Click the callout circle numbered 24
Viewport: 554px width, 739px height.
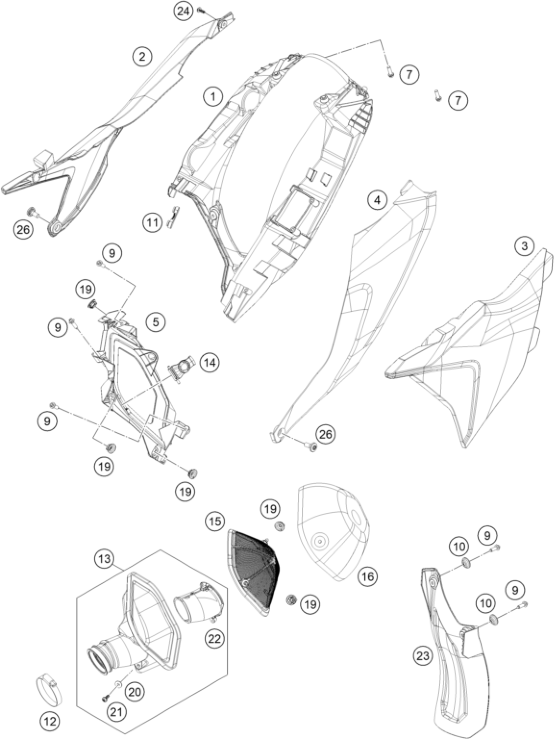[183, 12]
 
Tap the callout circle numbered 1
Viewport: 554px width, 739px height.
[213, 98]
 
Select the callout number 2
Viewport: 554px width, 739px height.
[143, 57]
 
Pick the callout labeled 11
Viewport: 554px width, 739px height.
[153, 222]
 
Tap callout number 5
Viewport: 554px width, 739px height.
[156, 323]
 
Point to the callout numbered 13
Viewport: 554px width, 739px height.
[105, 559]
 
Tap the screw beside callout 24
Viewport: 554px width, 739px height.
[201, 11]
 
